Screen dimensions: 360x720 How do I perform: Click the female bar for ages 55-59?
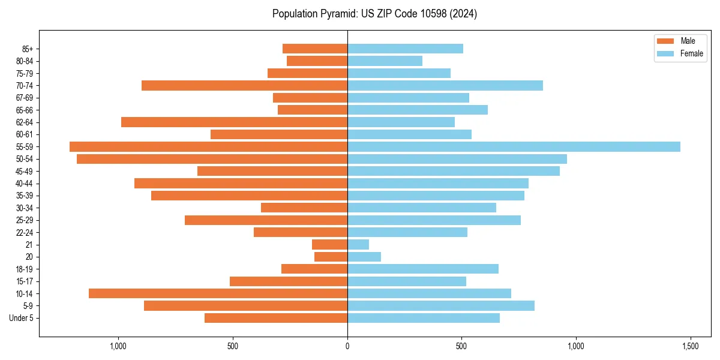click(x=514, y=146)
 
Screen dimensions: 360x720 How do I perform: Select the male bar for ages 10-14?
click(x=218, y=293)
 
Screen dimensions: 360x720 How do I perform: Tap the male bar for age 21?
click(x=329, y=244)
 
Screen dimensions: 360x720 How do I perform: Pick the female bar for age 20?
click(x=364, y=257)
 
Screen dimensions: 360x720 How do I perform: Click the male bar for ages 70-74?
click(x=244, y=85)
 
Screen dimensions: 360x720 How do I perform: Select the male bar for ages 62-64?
click(x=234, y=122)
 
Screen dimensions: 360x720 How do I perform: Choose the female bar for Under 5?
click(x=424, y=318)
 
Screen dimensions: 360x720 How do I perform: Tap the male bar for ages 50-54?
click(x=212, y=159)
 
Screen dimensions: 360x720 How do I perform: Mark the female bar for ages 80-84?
click(x=385, y=61)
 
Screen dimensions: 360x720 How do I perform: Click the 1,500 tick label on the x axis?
click(x=690, y=347)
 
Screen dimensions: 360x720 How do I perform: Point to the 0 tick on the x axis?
click(x=347, y=347)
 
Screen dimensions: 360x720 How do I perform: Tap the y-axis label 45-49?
click(x=25, y=171)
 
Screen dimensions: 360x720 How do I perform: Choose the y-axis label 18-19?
click(x=25, y=269)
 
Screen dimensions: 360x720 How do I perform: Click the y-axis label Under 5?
click(x=22, y=318)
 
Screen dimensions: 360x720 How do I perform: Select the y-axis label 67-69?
click(x=25, y=98)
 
